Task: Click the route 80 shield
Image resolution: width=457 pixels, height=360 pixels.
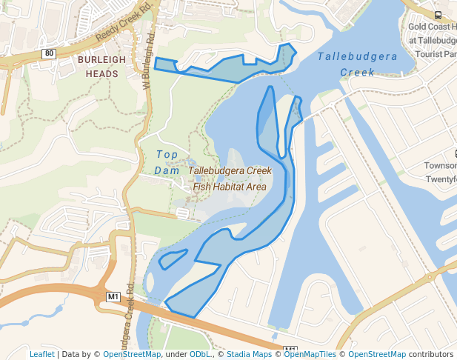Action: [x=49, y=53]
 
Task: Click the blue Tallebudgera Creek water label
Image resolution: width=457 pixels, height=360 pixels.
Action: [x=358, y=64]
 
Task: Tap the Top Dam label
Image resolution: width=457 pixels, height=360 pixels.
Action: [x=167, y=162]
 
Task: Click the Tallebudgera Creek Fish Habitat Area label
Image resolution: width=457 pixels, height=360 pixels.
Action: [x=229, y=179]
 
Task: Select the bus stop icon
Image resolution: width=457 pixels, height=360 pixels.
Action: [x=438, y=15]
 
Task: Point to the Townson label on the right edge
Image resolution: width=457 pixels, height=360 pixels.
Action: [x=440, y=166]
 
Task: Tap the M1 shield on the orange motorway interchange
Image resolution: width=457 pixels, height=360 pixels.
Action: [x=113, y=296]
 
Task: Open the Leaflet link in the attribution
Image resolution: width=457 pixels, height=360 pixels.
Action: [x=41, y=354]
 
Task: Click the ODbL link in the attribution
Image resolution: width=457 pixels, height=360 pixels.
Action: [x=200, y=354]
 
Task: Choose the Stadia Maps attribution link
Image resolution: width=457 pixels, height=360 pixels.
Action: [x=249, y=354]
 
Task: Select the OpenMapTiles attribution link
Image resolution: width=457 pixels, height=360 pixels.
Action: [x=310, y=354]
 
